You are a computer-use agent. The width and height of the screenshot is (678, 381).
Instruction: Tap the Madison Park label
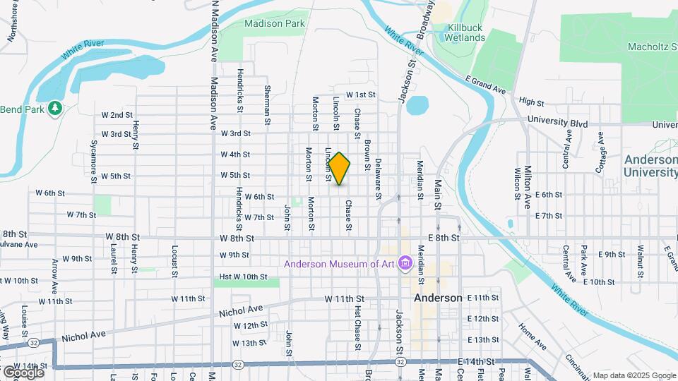coord(275,23)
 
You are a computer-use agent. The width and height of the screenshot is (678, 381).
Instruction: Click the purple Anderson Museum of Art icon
coord(405,264)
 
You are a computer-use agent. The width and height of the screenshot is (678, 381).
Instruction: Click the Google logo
coord(23,371)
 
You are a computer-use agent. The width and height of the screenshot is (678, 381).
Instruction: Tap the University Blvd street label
coord(557,122)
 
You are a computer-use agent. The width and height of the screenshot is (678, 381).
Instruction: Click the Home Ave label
coord(532,337)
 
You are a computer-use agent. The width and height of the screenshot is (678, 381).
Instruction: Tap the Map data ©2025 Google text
coord(634,375)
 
